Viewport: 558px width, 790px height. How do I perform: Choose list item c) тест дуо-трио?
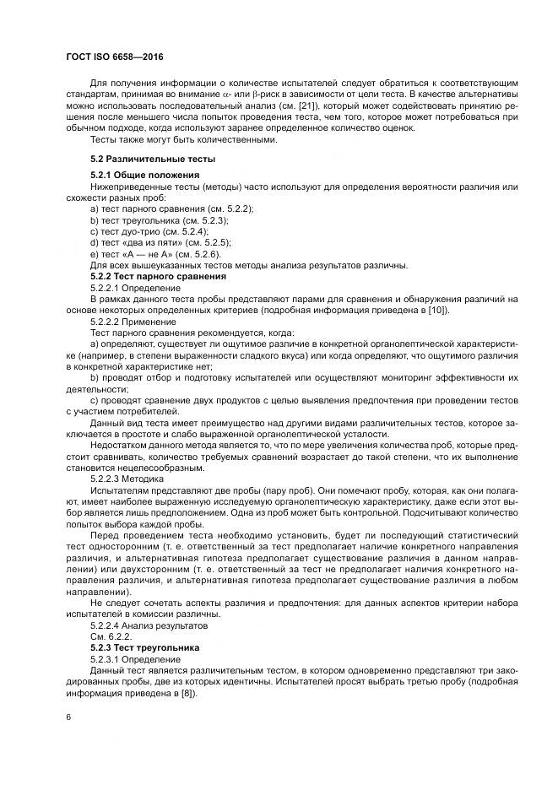pos(149,230)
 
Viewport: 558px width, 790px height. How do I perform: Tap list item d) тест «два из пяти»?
pos(160,241)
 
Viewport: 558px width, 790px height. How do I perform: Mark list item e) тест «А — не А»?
pos(155,253)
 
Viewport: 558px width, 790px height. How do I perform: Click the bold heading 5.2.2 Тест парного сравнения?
pos(158,276)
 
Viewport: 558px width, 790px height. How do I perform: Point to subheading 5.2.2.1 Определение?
pos(133,287)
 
